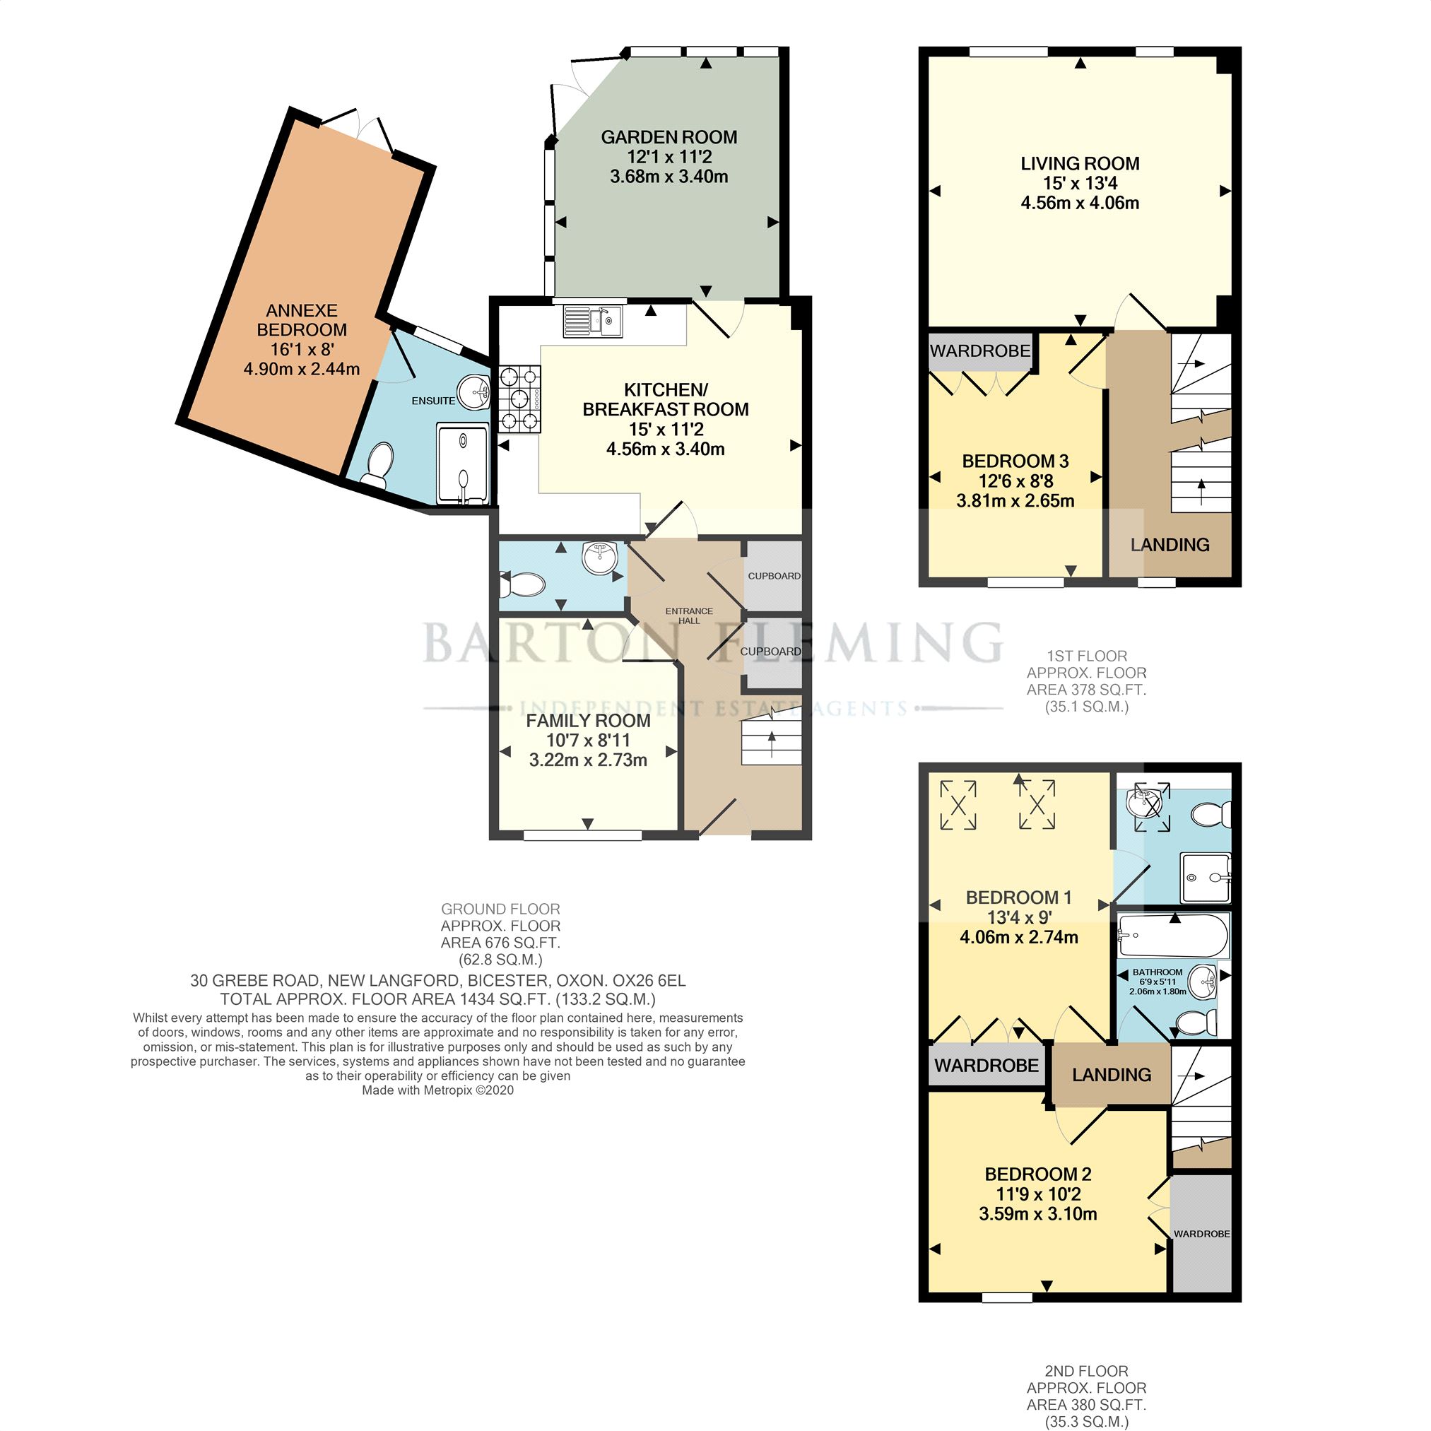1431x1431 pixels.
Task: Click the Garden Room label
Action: pos(669,137)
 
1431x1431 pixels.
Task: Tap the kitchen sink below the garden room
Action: pos(593,322)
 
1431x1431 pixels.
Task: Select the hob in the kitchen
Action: pos(520,400)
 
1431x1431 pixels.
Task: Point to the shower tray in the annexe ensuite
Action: pos(463,464)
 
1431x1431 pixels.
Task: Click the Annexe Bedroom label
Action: pos(302,320)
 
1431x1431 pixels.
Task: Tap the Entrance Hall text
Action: pos(689,616)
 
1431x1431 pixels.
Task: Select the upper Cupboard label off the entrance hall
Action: pos(774,575)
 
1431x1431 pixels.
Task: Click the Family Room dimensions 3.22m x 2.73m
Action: pos(588,760)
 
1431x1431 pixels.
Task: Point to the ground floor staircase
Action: pos(772,736)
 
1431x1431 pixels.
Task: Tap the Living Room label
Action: pos(1080,164)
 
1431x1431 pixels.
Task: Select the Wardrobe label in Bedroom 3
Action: pos(980,351)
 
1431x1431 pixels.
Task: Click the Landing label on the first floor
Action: pos(1170,545)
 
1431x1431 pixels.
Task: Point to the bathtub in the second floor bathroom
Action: pos(1173,936)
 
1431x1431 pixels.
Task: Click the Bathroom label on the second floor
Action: pos(1158,972)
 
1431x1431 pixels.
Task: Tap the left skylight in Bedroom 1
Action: pos(958,804)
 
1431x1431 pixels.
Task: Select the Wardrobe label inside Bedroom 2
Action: pos(1201,1234)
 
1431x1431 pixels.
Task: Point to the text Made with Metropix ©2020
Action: pos(437,1090)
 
